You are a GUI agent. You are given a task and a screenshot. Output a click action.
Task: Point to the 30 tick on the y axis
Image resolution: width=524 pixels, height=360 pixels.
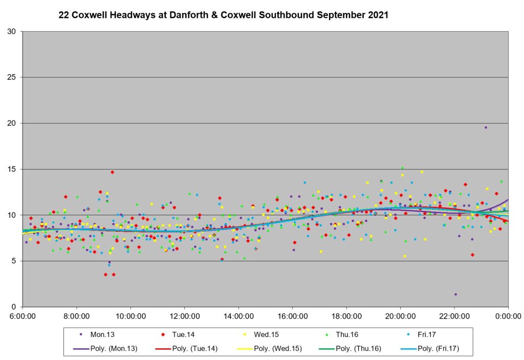point(14,32)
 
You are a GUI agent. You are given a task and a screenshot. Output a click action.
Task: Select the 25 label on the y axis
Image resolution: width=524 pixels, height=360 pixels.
point(14,78)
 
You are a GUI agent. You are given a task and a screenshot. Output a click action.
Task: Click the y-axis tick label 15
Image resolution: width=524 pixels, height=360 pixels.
point(14,169)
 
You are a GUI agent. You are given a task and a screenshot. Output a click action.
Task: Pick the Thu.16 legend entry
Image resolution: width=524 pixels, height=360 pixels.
point(346,334)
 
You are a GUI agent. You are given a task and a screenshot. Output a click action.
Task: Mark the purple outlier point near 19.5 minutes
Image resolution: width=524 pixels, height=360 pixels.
point(486,127)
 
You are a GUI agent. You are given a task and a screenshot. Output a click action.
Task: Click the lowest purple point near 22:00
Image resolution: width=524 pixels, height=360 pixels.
point(455,294)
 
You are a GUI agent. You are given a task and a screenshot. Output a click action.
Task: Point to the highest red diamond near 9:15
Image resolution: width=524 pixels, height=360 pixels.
point(112,172)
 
